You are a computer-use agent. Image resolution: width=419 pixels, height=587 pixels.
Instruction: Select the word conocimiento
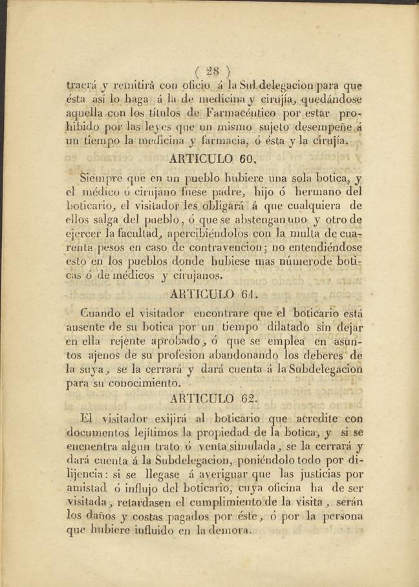click(x=138, y=383)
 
